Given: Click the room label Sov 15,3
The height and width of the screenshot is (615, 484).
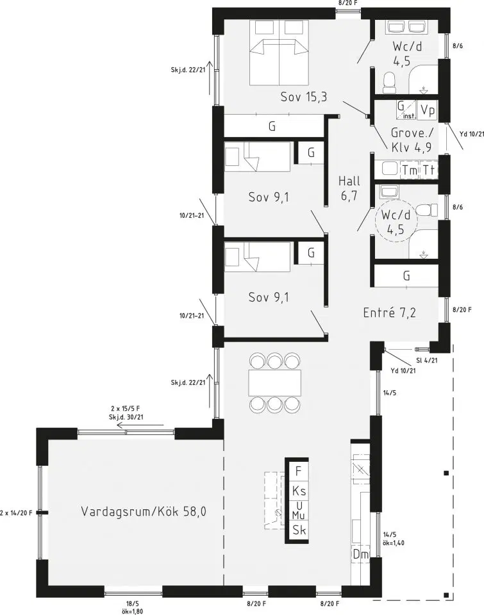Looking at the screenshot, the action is point(303,97).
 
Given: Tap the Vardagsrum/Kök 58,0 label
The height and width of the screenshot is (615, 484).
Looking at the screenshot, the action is point(144,511).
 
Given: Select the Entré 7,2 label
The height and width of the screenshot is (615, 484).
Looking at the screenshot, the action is point(389,313).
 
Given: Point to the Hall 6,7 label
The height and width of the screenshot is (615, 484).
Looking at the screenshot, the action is point(349,188).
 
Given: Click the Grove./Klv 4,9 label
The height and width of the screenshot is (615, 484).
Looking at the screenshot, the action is point(411,140).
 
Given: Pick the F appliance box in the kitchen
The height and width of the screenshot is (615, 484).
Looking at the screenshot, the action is point(299,471).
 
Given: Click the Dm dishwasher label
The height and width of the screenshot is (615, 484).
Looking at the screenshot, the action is point(361,554).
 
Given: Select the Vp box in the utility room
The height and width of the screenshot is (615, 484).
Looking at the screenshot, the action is point(428,110).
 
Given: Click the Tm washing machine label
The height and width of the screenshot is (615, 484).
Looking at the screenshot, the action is point(410,170).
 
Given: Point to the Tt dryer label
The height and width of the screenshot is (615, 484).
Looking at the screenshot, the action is point(429,170).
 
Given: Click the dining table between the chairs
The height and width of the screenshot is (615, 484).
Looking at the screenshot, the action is point(275,382).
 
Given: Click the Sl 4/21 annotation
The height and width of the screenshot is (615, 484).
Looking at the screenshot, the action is point(426,360).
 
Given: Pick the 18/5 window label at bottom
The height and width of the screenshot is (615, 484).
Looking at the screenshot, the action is point(133,603).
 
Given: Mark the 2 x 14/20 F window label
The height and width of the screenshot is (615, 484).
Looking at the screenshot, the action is point(16,512).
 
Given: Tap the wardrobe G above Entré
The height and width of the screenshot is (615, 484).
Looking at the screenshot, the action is point(406,275).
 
